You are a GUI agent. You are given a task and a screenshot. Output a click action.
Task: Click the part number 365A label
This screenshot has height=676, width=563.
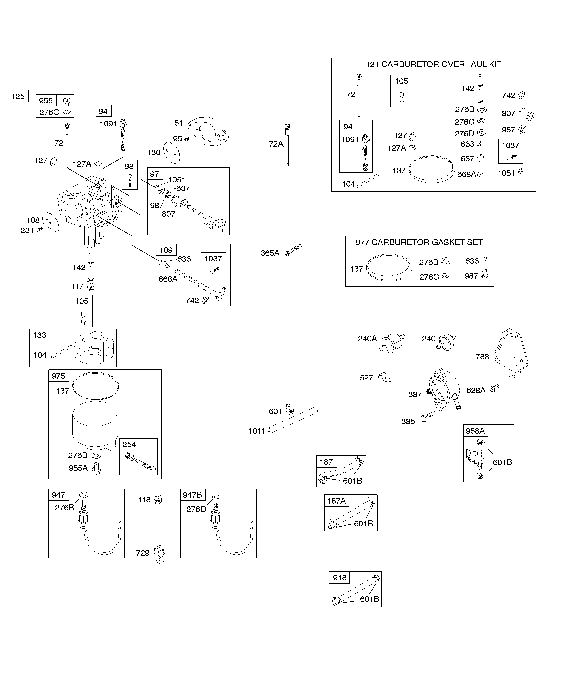click(x=270, y=253)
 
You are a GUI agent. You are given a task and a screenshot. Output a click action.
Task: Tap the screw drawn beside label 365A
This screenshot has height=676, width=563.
click(x=293, y=250)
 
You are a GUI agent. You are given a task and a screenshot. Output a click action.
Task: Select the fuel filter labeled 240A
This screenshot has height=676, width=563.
click(x=392, y=344)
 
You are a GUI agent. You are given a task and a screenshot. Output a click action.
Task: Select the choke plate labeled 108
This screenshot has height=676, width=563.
click(x=51, y=222)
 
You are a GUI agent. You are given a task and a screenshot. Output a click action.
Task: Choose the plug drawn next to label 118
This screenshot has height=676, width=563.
click(x=158, y=499)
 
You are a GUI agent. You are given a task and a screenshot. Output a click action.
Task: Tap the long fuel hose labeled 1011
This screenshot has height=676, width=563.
click(x=293, y=420)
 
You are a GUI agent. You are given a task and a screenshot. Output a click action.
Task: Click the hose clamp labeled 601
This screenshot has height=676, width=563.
click(x=290, y=409)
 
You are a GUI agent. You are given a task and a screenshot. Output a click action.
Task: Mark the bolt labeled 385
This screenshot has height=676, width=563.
click(x=428, y=417)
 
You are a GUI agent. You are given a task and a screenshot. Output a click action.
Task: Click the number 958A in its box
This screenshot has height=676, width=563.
click(x=475, y=431)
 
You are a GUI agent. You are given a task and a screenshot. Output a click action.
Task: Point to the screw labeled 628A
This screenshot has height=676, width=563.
click(x=494, y=388)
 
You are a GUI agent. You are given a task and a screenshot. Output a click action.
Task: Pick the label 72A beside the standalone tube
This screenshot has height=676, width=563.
click(x=276, y=144)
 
